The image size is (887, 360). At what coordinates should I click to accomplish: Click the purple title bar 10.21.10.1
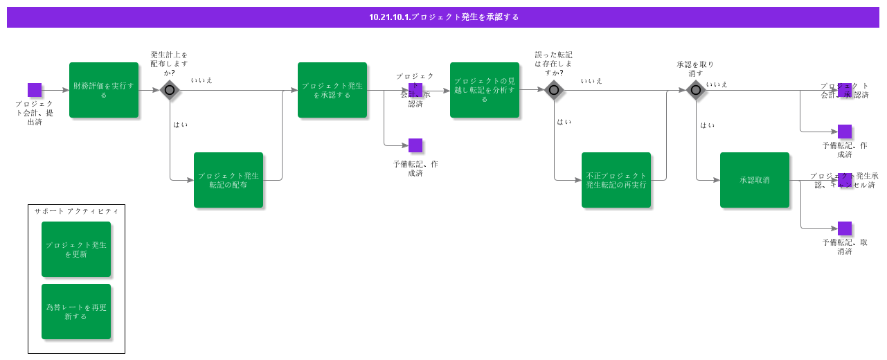coord(443,17)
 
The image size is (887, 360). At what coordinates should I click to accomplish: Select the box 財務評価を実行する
coord(104,90)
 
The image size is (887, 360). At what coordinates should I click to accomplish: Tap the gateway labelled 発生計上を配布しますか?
coord(170,90)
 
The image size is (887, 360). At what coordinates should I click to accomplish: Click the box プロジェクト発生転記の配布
coord(229,180)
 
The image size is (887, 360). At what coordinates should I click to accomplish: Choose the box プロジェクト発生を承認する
coord(332,90)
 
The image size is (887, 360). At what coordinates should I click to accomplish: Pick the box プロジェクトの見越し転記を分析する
coord(485,90)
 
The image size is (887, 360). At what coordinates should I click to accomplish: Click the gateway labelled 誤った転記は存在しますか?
coord(554,90)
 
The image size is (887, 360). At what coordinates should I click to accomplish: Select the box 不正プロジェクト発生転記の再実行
coord(616,180)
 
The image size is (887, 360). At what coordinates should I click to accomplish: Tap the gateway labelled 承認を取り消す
coord(696,90)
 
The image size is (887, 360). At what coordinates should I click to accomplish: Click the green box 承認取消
coord(755,180)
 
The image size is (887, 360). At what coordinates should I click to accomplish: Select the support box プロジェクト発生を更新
coord(76,249)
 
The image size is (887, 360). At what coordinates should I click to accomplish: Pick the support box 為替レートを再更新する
coord(76,312)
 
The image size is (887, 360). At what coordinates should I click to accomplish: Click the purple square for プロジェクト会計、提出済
coord(35,90)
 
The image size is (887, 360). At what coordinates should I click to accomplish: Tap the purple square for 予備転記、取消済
coord(845,228)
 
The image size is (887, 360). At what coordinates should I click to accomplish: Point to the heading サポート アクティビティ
coord(76,211)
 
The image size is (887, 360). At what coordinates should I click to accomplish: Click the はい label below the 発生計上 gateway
coord(180,125)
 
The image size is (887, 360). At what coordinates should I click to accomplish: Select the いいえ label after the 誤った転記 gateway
coord(591,81)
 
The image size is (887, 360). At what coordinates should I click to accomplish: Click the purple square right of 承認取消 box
coord(845,180)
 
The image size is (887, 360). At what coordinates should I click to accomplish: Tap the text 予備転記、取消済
coord(845,246)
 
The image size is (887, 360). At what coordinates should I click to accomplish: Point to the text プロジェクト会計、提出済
coord(35,113)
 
